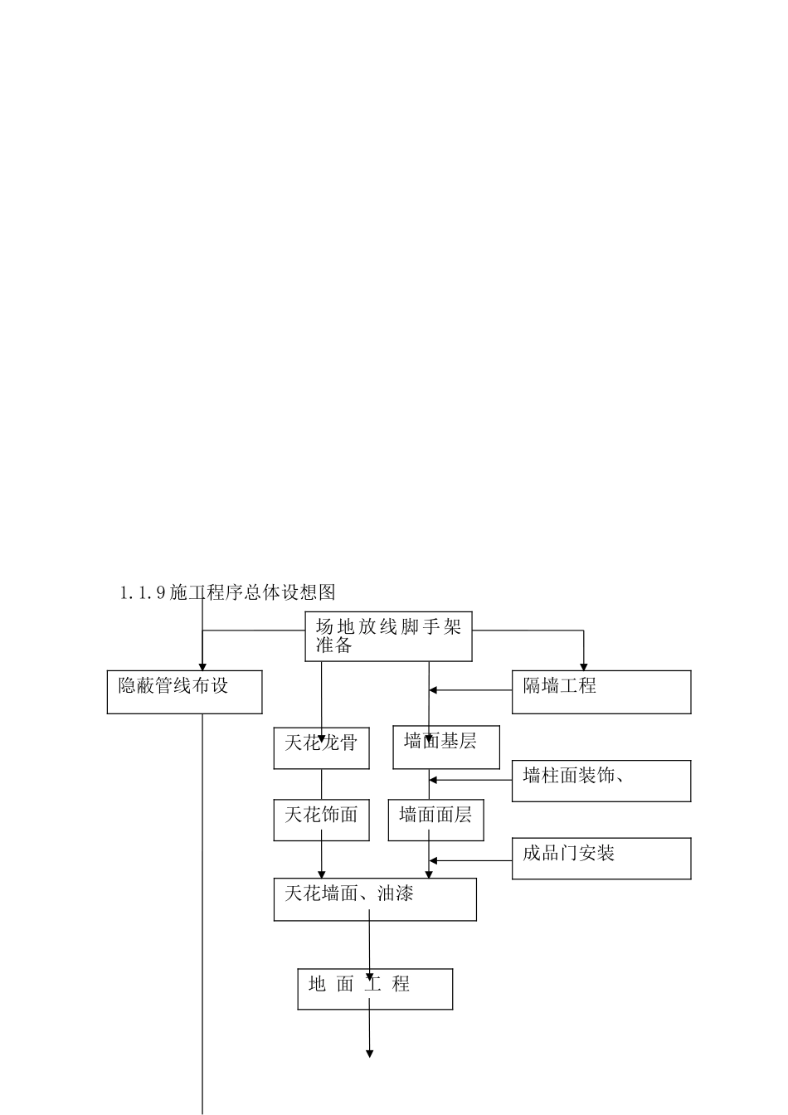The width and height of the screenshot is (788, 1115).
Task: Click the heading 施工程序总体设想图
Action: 253,592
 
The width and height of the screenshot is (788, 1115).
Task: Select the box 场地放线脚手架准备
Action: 388,636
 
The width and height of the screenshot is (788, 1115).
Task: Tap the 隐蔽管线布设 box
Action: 184,692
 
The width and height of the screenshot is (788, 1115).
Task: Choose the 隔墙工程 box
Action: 601,692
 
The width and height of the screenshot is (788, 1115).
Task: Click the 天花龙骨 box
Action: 321,748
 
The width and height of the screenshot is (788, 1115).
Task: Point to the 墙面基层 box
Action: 446,747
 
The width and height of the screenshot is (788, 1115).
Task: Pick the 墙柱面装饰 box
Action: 601,781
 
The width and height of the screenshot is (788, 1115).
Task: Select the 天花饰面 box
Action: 321,820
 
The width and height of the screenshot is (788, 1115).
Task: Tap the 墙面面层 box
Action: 435,820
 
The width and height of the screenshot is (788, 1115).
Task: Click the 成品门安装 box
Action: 601,858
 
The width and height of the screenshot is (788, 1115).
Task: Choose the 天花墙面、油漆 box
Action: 375,899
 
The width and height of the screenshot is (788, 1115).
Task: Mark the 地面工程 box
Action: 375,989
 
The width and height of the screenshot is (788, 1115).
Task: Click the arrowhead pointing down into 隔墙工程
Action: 583,666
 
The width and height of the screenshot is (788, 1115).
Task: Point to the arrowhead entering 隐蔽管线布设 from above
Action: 202,666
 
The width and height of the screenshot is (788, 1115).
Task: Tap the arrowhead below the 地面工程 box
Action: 369,1054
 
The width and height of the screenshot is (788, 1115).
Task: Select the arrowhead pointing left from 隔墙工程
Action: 433,690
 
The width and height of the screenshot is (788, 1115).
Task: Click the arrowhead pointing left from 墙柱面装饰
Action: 433,780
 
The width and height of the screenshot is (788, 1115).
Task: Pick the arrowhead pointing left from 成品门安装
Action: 433,861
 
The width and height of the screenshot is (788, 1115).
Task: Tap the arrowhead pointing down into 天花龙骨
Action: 322,738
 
